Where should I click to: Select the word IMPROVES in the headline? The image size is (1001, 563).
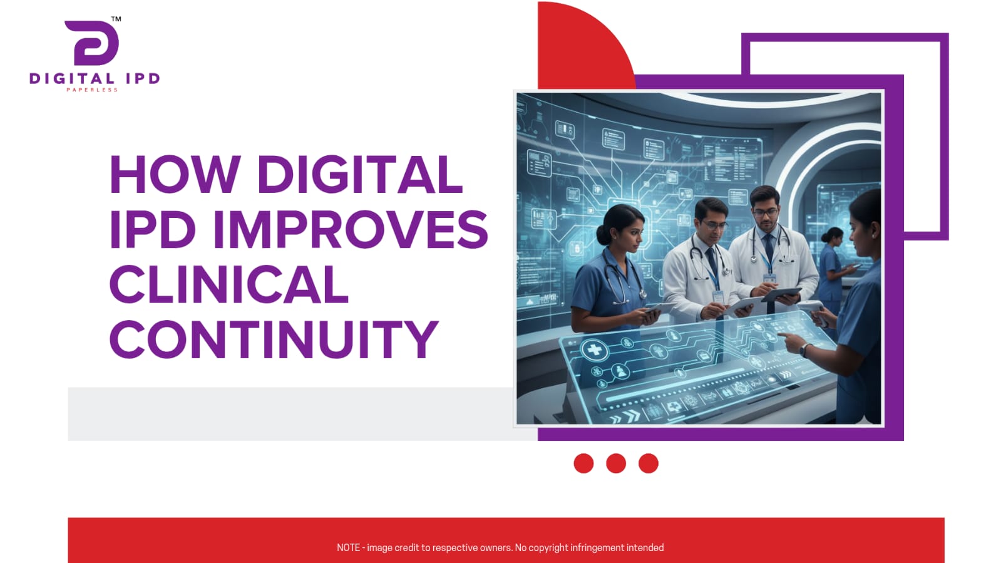pos(351,229)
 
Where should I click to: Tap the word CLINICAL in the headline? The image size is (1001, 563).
pos(228,284)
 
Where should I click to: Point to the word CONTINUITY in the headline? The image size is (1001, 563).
pos(274,339)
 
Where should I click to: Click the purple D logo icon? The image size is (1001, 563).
pos(92,43)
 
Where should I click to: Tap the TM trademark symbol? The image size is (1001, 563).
pos(116,19)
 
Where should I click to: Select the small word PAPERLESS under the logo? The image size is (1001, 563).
pos(92,90)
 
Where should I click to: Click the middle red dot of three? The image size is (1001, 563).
pos(616,463)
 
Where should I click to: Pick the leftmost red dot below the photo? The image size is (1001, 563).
pos(583,463)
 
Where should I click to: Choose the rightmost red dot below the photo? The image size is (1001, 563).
pos(649,463)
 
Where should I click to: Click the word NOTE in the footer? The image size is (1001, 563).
pos(348,548)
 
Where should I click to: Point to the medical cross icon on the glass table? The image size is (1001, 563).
pos(595,349)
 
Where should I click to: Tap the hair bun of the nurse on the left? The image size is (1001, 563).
pos(603,235)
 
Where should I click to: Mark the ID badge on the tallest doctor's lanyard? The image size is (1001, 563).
pos(769,278)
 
